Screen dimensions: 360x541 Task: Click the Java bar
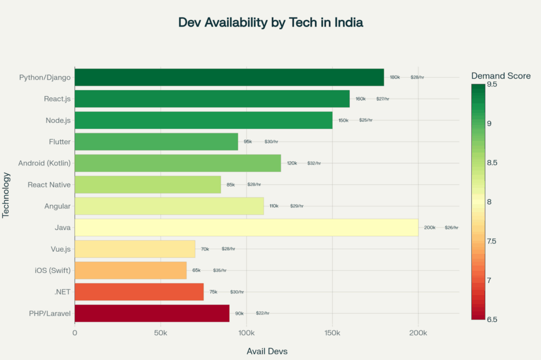[x=246, y=228]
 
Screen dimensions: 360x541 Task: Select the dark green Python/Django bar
[x=229, y=78]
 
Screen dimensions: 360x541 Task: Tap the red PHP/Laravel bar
[x=152, y=313]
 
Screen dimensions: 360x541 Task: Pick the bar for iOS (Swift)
[x=130, y=270]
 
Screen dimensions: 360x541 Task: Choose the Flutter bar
[x=156, y=142]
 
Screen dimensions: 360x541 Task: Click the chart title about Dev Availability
[x=270, y=23]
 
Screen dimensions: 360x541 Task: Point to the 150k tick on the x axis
[x=332, y=334]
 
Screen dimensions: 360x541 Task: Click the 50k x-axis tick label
[x=161, y=334]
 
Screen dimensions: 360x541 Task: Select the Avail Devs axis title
[x=267, y=351]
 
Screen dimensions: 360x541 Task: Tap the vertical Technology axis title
[x=6, y=194]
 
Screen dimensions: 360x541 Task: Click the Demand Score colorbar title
[x=501, y=76]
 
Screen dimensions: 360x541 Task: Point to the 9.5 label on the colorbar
[x=491, y=84]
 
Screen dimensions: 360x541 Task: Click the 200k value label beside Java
[x=430, y=228]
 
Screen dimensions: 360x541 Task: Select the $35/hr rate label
[x=220, y=270]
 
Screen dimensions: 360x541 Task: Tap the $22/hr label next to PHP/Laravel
[x=263, y=313]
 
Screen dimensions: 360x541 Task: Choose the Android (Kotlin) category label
[x=44, y=163]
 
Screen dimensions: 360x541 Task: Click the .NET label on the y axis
[x=62, y=292]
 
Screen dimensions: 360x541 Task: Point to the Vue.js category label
[x=59, y=249]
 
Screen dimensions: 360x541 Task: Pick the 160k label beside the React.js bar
[x=361, y=99]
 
